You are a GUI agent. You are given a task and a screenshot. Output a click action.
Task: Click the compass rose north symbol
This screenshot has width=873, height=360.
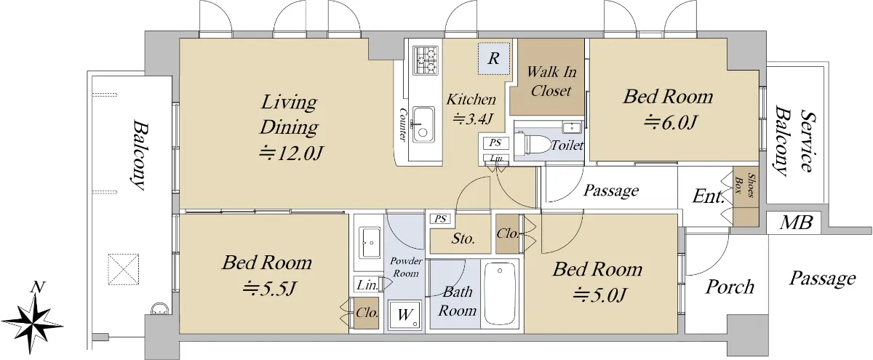34,320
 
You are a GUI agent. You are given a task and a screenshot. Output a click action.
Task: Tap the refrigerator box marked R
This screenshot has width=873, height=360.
494,58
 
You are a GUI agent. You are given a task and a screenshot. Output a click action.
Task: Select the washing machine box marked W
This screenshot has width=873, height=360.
404,315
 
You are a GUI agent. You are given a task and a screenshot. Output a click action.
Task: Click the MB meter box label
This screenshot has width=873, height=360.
796,223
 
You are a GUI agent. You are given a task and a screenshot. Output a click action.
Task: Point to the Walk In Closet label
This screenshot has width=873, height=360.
551,81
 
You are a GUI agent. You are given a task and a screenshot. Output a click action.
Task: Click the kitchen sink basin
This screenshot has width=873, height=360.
423,124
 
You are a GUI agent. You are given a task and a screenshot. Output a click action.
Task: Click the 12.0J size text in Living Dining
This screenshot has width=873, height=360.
292,154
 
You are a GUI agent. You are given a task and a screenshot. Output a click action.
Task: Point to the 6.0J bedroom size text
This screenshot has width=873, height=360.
669,122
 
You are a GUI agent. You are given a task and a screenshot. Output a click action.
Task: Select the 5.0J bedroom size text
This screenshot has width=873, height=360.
599,295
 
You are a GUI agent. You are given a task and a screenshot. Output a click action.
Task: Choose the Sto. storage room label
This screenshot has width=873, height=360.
463,239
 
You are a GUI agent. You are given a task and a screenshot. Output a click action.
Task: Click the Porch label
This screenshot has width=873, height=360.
730,287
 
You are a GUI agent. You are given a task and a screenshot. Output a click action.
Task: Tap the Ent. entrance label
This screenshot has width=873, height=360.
708,196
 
